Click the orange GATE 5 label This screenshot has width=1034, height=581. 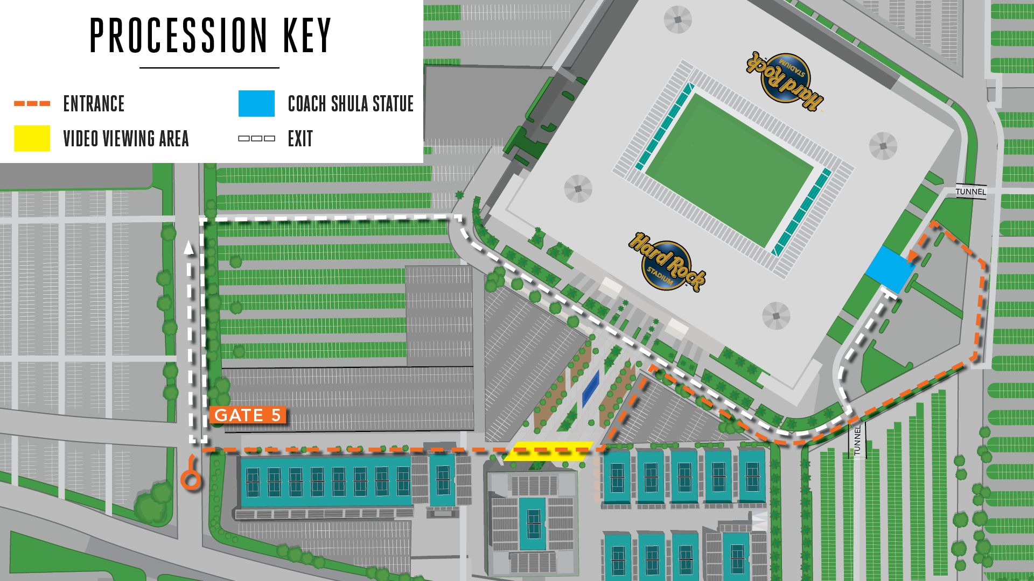tap(248, 415)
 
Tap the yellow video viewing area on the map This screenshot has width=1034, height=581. tap(549, 451)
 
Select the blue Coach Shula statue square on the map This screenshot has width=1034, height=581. tap(890, 270)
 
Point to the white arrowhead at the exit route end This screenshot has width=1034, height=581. tap(188, 247)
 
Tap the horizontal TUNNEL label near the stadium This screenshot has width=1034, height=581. tap(970, 192)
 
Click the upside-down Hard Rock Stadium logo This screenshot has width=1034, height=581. tap(785, 81)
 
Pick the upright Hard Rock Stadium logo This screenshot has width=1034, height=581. tap(667, 262)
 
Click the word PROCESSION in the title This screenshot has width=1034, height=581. tap(178, 36)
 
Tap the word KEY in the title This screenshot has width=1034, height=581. tap(307, 36)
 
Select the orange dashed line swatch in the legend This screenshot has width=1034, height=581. tap(32, 103)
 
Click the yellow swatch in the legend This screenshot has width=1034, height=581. tap(32, 138)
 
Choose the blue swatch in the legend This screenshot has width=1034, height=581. tap(256, 103)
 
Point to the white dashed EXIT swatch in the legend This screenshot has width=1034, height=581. tap(256, 139)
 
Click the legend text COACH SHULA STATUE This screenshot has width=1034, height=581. tap(351, 104)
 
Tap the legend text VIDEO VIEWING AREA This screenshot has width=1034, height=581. tap(126, 139)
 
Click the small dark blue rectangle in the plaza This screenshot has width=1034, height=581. tap(591, 389)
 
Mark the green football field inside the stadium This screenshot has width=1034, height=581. tap(729, 170)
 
